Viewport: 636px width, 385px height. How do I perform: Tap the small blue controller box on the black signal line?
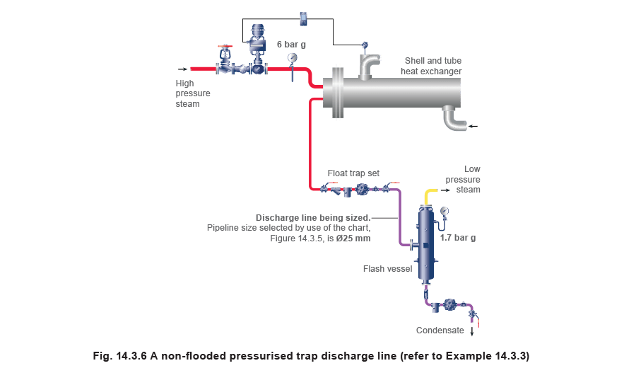tap(305, 19)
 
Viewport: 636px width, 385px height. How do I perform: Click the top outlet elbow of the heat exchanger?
tap(370, 64)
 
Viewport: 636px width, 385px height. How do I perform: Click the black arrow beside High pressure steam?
tap(183, 69)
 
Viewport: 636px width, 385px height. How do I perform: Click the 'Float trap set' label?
tap(353, 173)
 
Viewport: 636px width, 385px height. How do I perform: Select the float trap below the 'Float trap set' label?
tap(361, 189)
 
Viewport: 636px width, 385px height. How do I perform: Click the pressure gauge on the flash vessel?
tap(444, 211)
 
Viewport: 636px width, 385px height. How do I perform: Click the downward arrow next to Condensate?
tap(471, 331)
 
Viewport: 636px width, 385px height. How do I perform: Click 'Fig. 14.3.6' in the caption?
tap(119, 356)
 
